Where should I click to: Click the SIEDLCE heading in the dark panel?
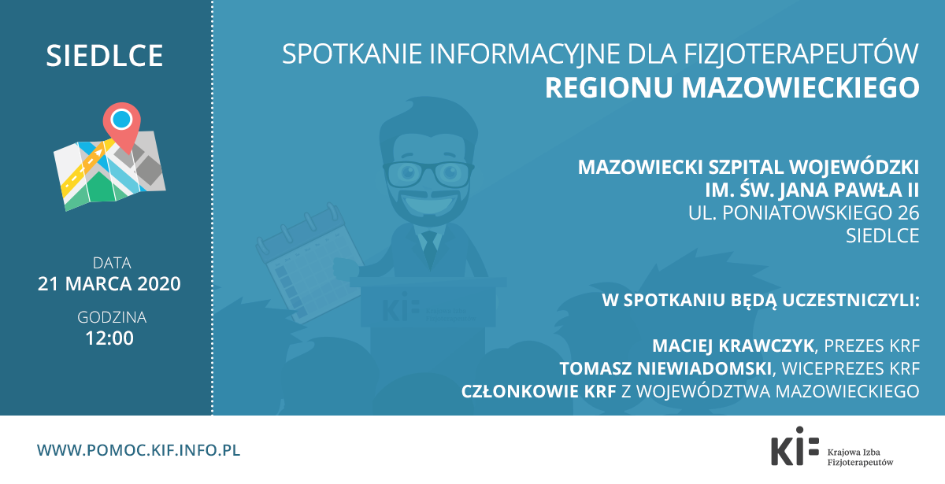(x=105, y=56)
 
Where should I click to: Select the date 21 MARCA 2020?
(x=109, y=284)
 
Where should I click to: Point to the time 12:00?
(x=109, y=338)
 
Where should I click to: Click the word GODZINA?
(x=112, y=317)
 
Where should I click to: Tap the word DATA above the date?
(x=112, y=263)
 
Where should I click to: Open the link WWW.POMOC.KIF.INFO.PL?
(x=139, y=450)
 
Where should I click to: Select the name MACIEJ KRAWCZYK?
(x=733, y=345)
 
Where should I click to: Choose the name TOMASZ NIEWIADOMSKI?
(x=665, y=368)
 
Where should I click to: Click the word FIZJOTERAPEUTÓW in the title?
(x=801, y=54)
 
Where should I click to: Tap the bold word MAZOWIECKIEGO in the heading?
(x=800, y=87)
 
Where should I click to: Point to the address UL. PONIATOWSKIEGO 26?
(x=804, y=213)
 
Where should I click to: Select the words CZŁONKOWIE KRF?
(x=539, y=391)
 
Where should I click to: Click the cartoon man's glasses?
(x=428, y=174)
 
